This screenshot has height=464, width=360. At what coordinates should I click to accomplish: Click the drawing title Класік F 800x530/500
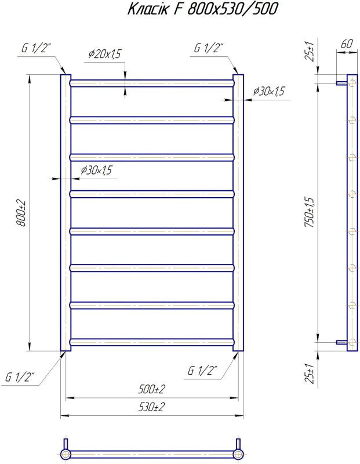point(203,9)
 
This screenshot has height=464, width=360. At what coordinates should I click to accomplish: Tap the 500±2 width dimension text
point(151,389)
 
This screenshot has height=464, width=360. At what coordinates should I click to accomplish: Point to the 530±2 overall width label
point(151,408)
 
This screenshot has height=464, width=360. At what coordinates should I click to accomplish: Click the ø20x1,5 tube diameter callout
point(105,54)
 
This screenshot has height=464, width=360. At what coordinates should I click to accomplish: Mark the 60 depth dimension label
point(347,44)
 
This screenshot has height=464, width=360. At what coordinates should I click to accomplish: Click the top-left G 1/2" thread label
point(37,49)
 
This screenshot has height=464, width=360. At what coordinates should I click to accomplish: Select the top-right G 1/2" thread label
point(208,48)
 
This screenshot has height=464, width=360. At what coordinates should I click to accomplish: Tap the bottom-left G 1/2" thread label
point(20,378)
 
